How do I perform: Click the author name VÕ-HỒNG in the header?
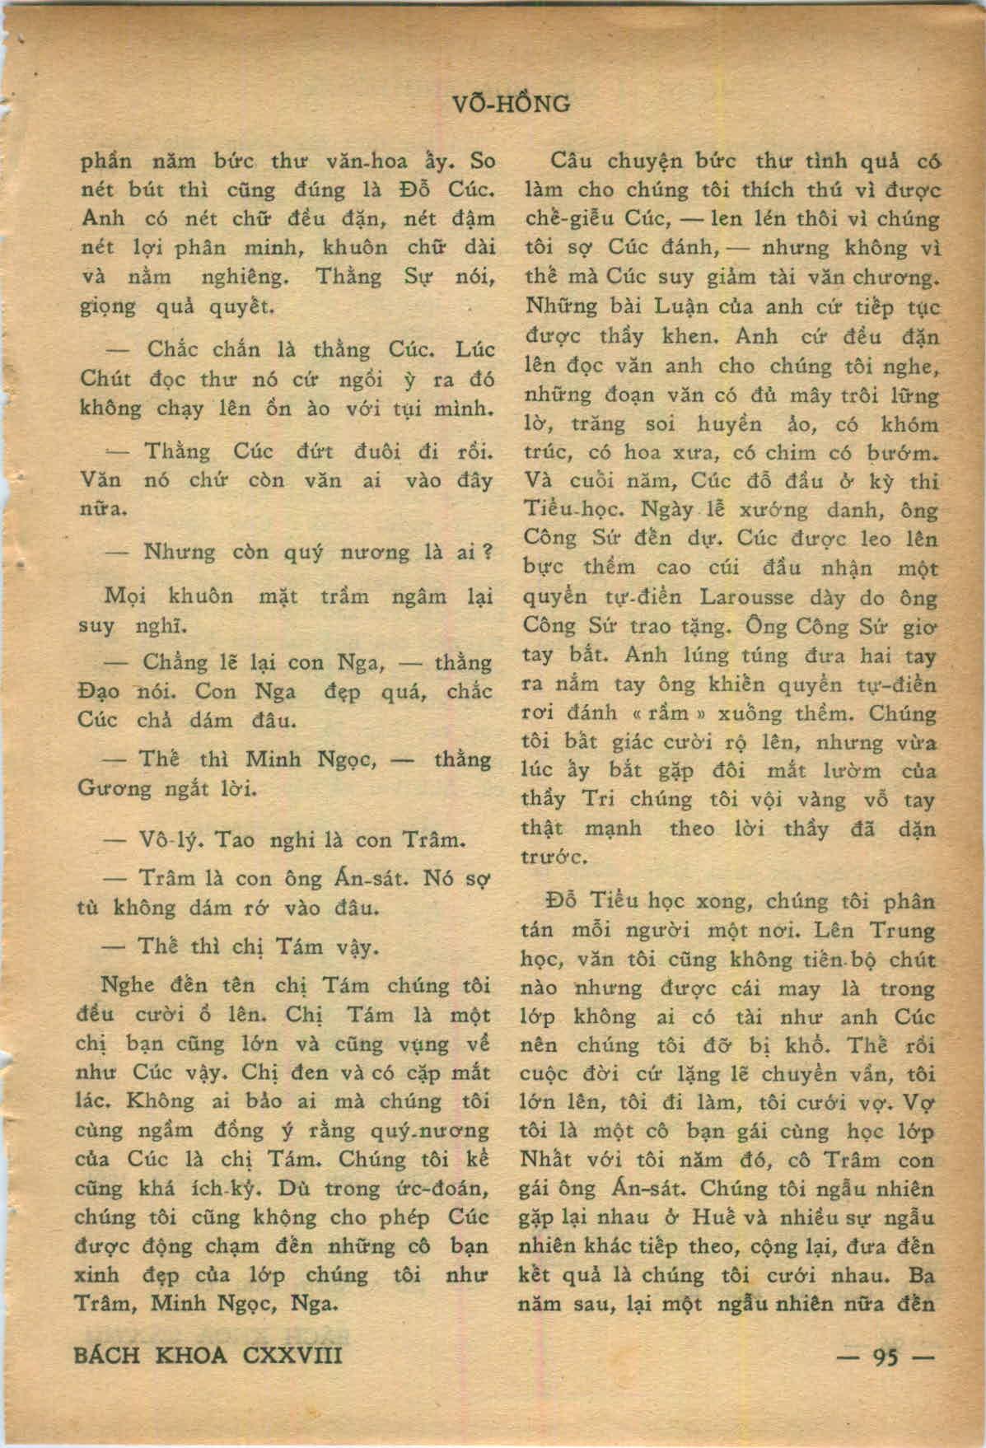click(x=511, y=104)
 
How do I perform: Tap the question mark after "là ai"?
click(x=486, y=551)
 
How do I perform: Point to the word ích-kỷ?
click(x=239, y=1188)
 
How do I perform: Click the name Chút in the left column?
click(x=103, y=379)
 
